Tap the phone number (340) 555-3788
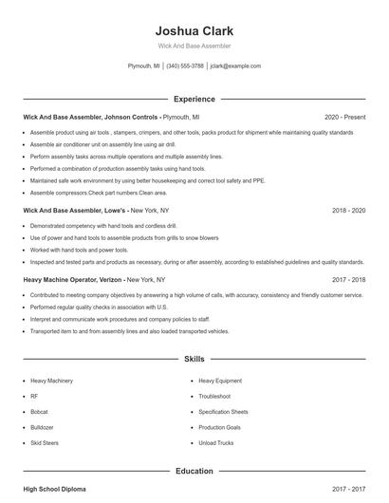[185, 66]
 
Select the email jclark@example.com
[235, 66]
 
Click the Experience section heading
[194, 99]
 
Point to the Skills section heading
[194, 360]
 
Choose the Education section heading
[194, 470]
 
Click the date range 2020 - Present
[344, 116]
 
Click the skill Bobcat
[41, 412]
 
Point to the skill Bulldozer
[43, 427]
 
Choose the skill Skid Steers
[45, 443]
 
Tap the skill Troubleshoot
[214, 396]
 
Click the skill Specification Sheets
[224, 412]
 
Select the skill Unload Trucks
[216, 443]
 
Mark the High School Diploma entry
[54, 488]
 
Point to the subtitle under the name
[194, 46]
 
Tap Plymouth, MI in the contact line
[144, 66]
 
